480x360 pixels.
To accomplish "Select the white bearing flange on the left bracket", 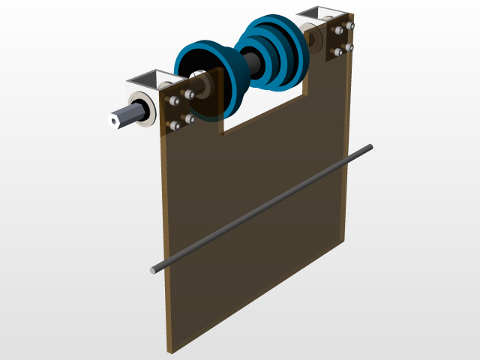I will tap(142, 109).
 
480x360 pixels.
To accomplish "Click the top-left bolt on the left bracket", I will tap(173, 100).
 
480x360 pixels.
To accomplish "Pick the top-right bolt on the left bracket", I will tap(188, 94).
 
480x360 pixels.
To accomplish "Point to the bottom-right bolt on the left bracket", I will tap(190, 118).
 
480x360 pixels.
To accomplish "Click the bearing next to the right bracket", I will tap(309, 37).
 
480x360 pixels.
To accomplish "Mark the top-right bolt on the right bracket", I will tap(349, 26).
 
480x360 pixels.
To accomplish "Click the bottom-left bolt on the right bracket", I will tap(336, 53).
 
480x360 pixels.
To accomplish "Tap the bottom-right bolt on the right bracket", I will tap(349, 48).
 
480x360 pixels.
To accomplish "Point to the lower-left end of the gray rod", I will tap(154, 269).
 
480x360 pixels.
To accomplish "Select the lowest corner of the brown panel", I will tap(171, 350).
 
